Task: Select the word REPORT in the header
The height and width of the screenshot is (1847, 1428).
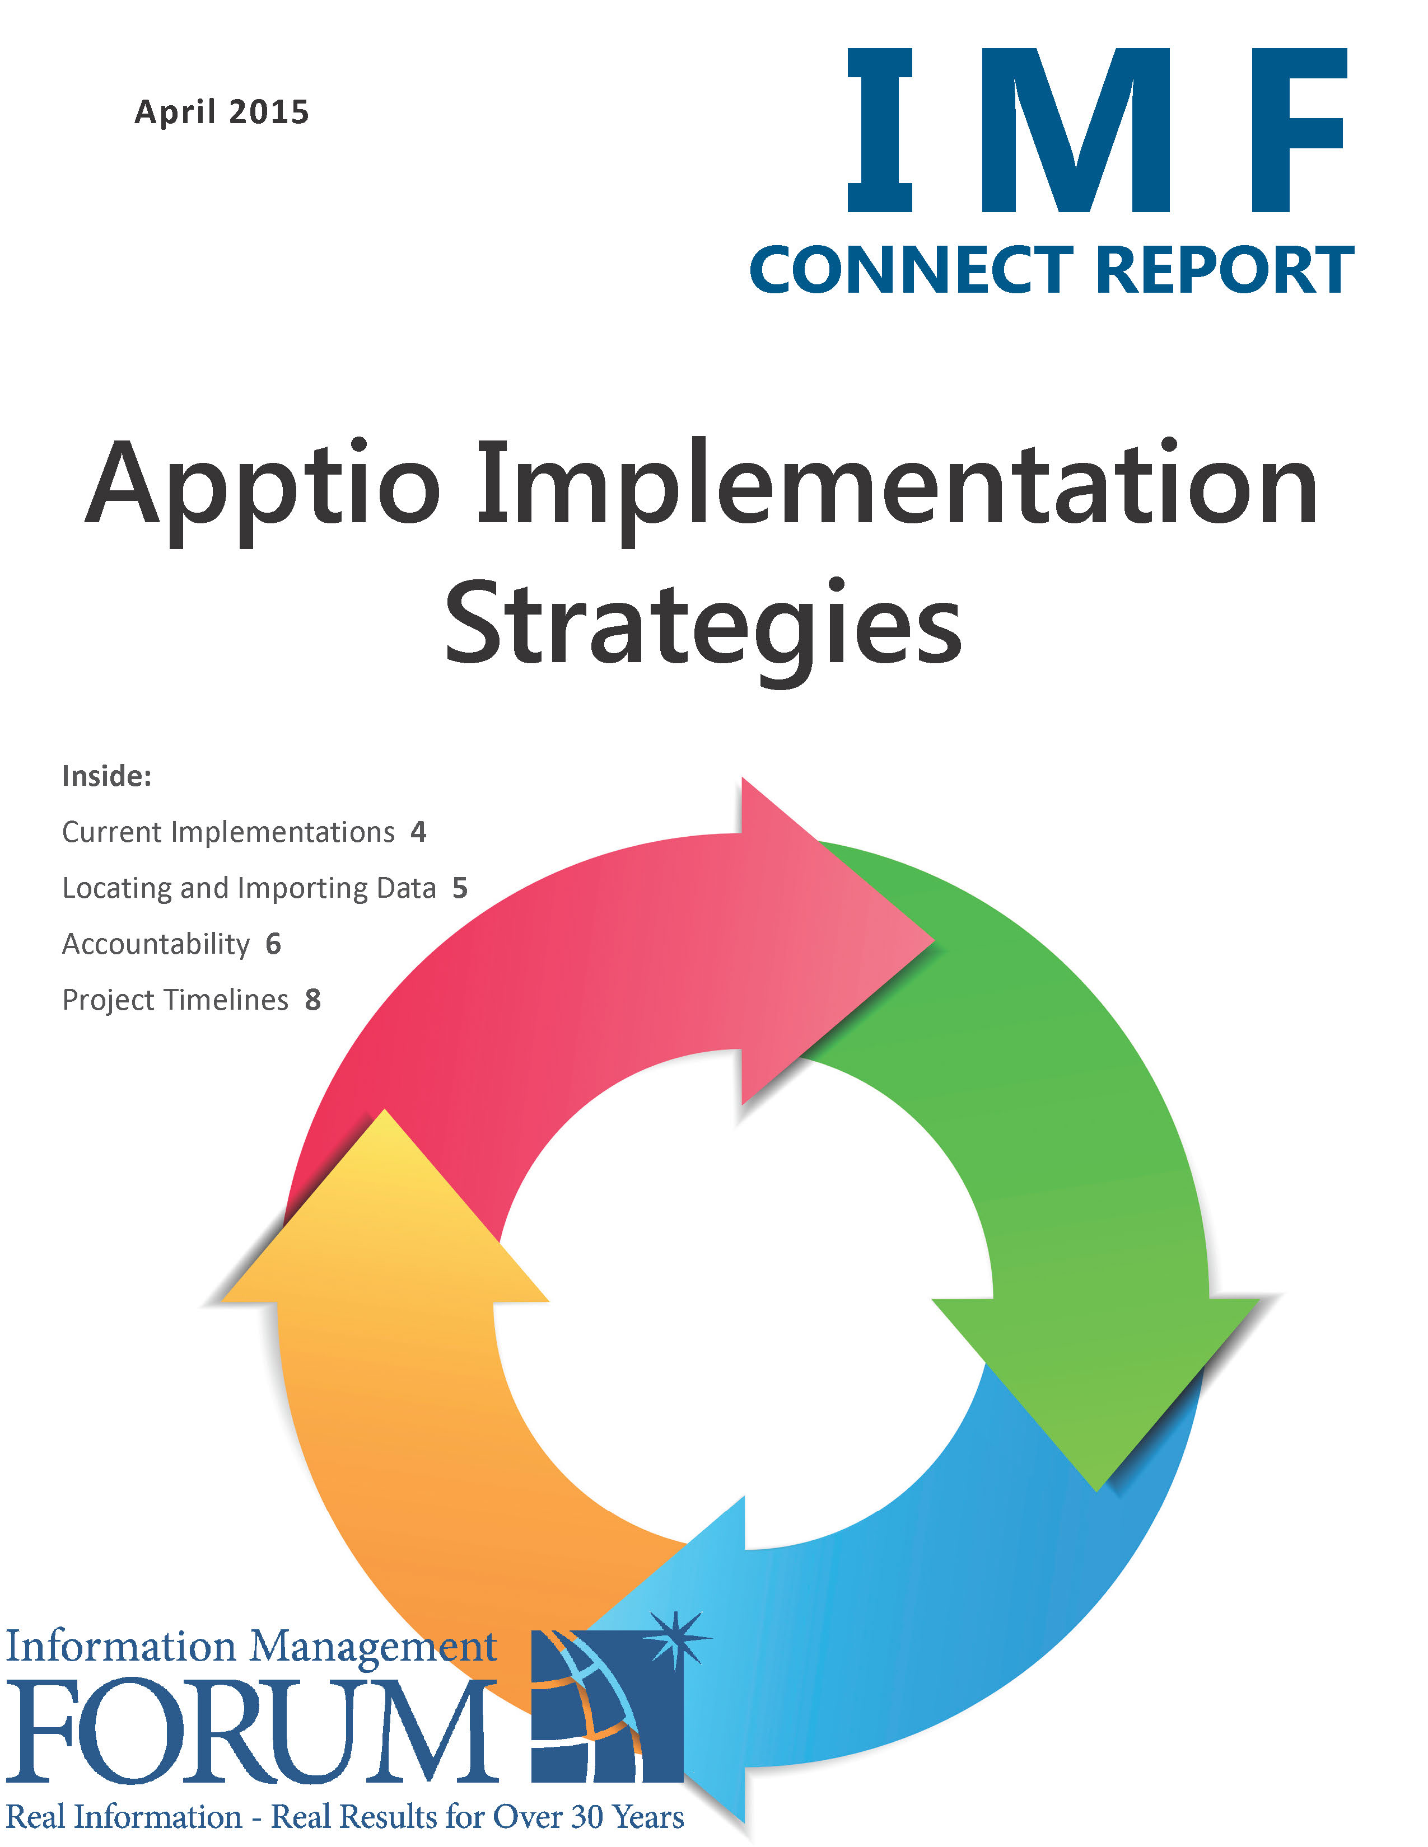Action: [x=1225, y=271]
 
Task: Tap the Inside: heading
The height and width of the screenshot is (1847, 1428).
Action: [x=106, y=776]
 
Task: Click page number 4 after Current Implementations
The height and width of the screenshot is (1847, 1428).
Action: [x=418, y=832]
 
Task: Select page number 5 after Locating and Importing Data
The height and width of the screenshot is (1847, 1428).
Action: [x=459, y=888]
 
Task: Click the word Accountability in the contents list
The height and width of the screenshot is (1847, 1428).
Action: [x=156, y=944]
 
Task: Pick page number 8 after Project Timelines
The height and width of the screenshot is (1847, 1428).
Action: [x=313, y=1000]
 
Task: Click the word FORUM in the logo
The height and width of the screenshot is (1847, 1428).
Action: [x=251, y=1733]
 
